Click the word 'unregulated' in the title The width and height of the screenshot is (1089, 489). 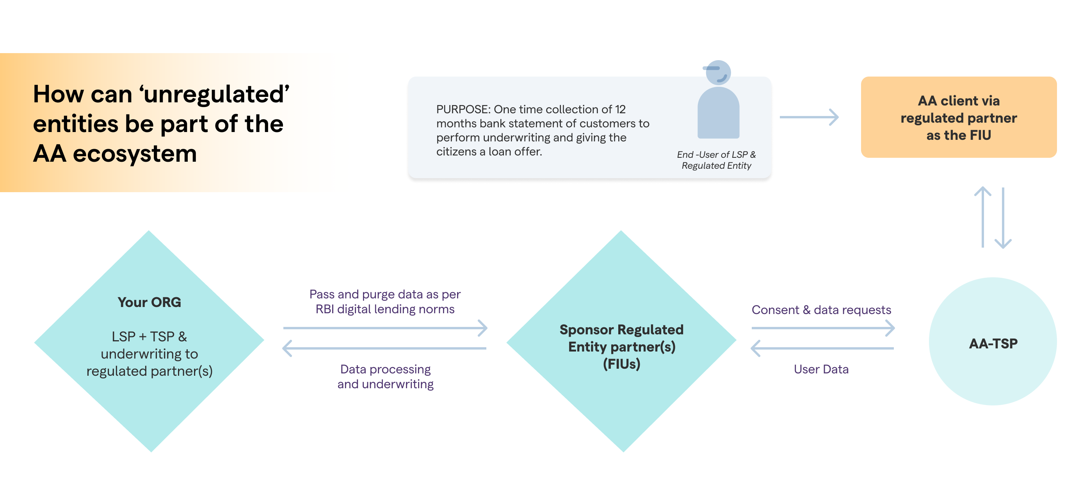pyautogui.click(x=216, y=95)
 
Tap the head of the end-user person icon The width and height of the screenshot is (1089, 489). pyautogui.click(x=718, y=72)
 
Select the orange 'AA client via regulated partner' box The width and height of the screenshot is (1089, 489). pyautogui.click(x=958, y=117)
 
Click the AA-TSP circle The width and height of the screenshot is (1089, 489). pyautogui.click(x=993, y=342)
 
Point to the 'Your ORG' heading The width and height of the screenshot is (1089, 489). pyautogui.click(x=149, y=302)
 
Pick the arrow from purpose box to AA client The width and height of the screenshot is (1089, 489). pyautogui.click(x=809, y=117)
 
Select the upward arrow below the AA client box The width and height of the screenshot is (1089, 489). pyautogui.click(x=982, y=217)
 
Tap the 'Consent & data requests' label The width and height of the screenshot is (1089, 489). pyautogui.click(x=821, y=310)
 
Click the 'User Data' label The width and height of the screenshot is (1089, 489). pyautogui.click(x=821, y=369)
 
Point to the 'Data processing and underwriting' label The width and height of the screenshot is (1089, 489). pyautogui.click(x=385, y=377)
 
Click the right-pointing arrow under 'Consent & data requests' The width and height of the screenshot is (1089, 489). pyautogui.click(x=823, y=328)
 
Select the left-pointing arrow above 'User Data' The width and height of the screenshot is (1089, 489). pyautogui.click(x=823, y=348)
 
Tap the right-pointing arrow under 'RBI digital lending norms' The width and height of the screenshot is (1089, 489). pyautogui.click(x=385, y=328)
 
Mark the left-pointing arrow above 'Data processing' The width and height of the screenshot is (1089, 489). pyautogui.click(x=384, y=348)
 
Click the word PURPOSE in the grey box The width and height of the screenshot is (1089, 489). pyautogui.click(x=463, y=110)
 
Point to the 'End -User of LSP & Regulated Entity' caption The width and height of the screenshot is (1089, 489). pyautogui.click(x=716, y=160)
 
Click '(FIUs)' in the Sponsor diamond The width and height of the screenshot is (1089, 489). pyautogui.click(x=621, y=364)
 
